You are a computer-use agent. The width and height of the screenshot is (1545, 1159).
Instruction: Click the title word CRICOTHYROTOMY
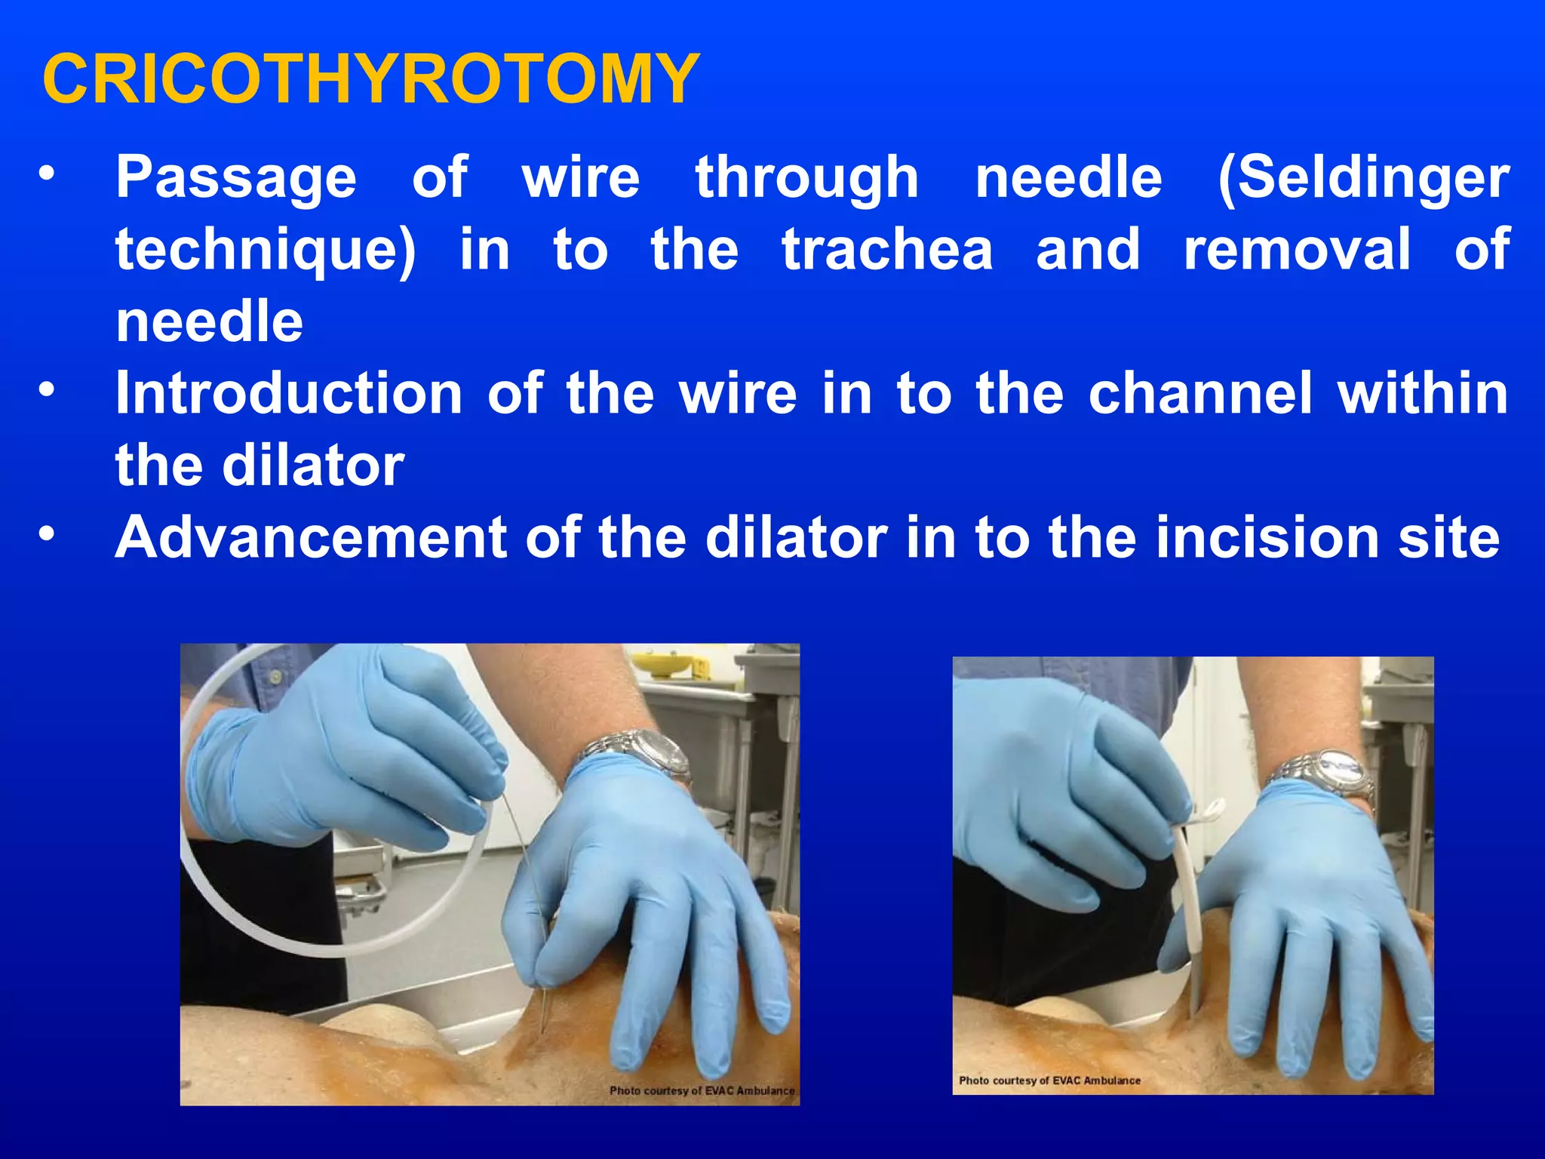coord(371,79)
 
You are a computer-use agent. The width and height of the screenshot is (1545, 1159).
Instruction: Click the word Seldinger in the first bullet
coord(1364,177)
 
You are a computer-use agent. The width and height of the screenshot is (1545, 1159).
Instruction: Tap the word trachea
coord(887,250)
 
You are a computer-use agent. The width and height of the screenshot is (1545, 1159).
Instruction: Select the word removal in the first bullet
coord(1296,250)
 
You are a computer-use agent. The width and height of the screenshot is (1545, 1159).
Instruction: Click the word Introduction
coord(289,393)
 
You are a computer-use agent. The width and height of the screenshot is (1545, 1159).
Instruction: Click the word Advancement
coord(311,537)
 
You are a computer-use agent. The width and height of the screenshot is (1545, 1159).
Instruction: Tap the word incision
coord(1270,537)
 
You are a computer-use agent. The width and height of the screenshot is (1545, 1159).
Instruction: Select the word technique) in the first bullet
coord(266,250)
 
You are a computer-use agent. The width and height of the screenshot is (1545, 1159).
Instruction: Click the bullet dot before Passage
coord(48,175)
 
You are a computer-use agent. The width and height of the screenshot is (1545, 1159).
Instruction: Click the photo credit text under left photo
coord(702,1090)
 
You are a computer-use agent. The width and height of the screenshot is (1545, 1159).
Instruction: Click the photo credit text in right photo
coord(1049,1081)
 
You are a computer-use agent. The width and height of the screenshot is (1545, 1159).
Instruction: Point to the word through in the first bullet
coord(806,177)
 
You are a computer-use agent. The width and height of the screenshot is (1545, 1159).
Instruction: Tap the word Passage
coord(235,177)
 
